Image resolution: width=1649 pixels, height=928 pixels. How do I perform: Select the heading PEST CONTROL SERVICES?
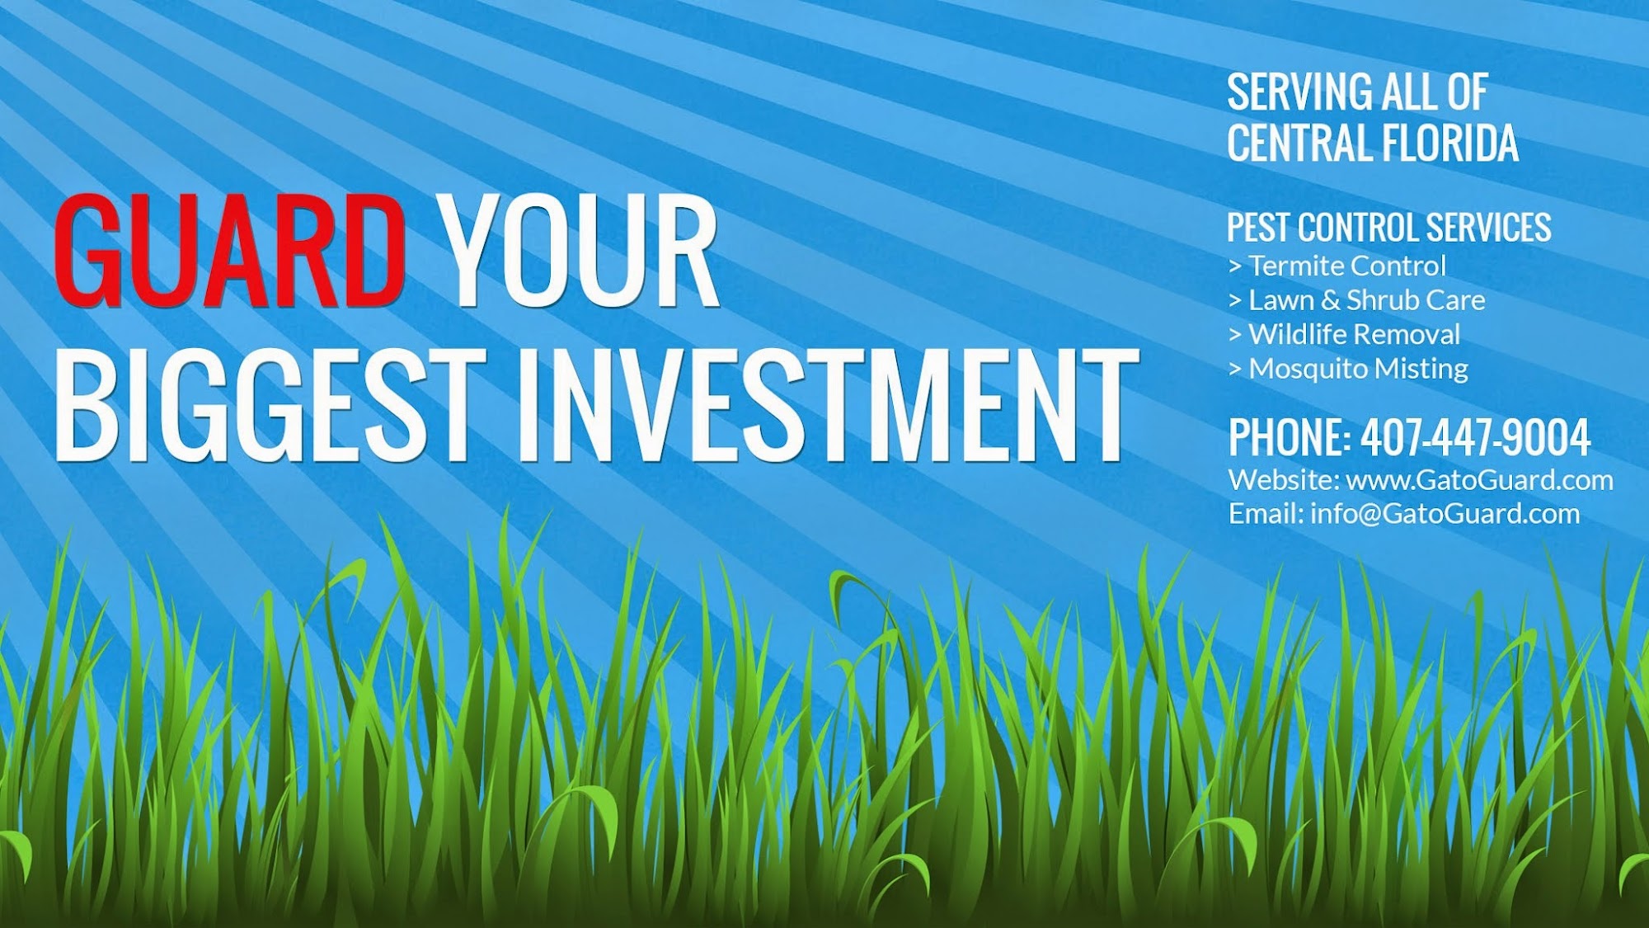(1388, 227)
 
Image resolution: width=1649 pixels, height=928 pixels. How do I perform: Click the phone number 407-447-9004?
(1475, 437)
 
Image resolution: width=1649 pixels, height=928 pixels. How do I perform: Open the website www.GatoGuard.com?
(1479, 480)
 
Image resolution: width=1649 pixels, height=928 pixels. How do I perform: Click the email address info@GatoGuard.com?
(1445, 514)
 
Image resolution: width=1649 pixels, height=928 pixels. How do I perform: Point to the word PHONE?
(1290, 437)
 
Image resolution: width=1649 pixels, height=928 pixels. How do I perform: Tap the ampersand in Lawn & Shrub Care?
(1331, 300)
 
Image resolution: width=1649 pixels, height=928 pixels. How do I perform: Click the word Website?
(1284, 480)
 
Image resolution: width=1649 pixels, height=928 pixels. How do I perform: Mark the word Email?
(1266, 514)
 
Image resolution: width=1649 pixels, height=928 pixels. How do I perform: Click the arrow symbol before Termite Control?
(1235, 266)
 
